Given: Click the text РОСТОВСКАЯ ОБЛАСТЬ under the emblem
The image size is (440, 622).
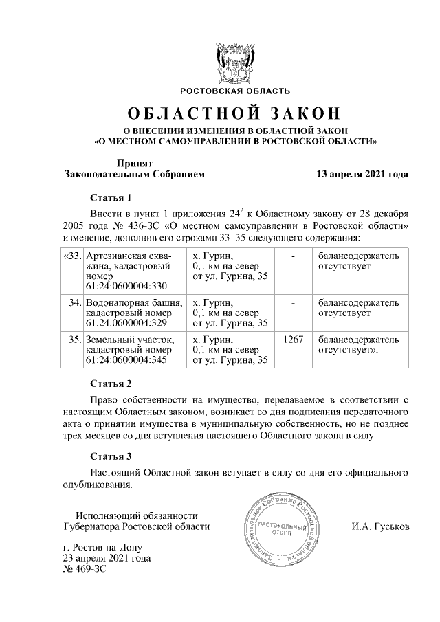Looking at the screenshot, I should click(x=235, y=91).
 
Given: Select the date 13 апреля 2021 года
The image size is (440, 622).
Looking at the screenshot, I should click(x=362, y=174).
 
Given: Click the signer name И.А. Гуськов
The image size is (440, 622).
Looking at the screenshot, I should click(x=379, y=526).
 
